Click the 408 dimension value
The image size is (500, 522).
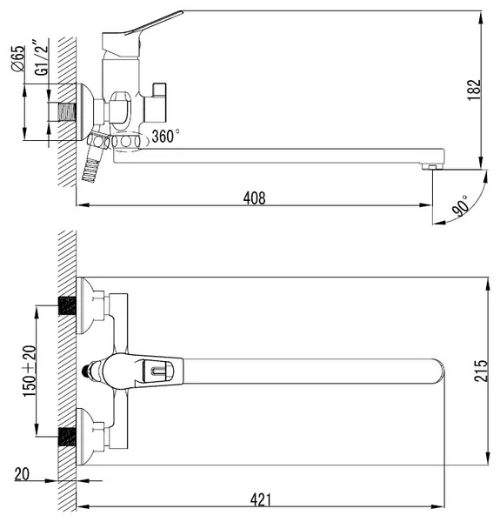pos(255,198)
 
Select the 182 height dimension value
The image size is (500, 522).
pos(474,90)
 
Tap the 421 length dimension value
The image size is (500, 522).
pos(261,499)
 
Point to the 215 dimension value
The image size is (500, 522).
pos(481,371)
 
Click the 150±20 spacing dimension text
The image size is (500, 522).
pos(30,371)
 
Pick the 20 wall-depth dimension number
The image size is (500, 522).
pos(22,474)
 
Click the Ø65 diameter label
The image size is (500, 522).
pos(18,58)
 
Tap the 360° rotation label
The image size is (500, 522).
pos(165,137)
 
